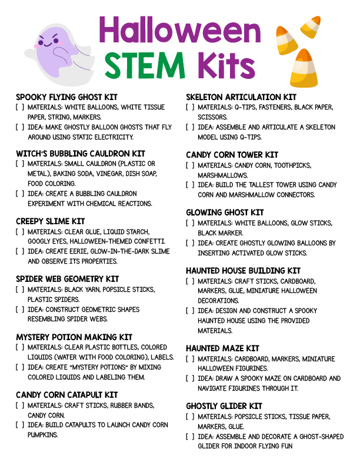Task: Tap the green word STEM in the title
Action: (x=145, y=65)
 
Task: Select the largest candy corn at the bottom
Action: (x=304, y=68)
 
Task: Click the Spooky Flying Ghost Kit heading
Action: (x=66, y=97)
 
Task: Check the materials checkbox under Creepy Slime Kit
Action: (x=20, y=231)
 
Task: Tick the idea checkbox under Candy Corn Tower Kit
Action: (x=190, y=185)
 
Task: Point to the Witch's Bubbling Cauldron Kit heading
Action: (x=81, y=154)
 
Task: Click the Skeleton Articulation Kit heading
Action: (x=241, y=97)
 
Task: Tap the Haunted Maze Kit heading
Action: (x=222, y=348)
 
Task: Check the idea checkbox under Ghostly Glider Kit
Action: (x=190, y=437)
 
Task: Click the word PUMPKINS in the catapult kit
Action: (x=43, y=435)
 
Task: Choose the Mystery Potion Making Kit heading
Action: (x=74, y=337)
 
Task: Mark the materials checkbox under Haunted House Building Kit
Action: (x=190, y=281)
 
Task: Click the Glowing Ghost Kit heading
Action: (x=225, y=212)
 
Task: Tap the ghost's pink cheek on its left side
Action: (x=37, y=46)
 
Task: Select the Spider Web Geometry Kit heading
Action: (x=68, y=279)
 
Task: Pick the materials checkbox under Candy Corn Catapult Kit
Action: (x=20, y=405)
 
